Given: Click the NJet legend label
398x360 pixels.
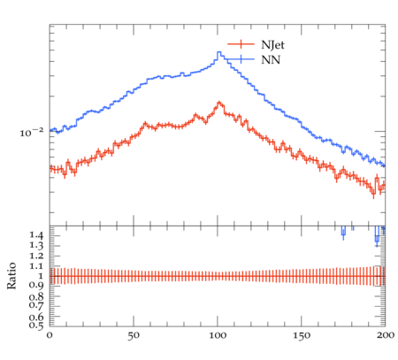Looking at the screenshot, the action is pyautogui.click(x=272, y=45).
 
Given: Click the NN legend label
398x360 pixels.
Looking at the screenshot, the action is pyautogui.click(x=271, y=60).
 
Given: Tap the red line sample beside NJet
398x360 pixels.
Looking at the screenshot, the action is pyautogui.click(x=241, y=44).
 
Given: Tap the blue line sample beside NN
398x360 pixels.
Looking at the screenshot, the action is pyautogui.click(x=241, y=59).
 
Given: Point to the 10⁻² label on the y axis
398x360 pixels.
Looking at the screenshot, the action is pyautogui.click(x=32, y=133).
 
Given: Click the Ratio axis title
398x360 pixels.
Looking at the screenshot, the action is pyautogui.click(x=11, y=276).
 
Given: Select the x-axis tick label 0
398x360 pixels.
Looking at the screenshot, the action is pyautogui.click(x=50, y=335).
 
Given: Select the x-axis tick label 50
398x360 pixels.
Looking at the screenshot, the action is pyautogui.click(x=134, y=335).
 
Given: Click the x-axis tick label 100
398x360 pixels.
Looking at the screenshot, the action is pyautogui.click(x=218, y=335).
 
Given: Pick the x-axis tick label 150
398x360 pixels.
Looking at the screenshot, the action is pyautogui.click(x=302, y=335).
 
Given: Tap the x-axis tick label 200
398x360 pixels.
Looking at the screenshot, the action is pyautogui.click(x=386, y=335).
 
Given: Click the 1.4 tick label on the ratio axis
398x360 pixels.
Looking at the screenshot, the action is pyautogui.click(x=36, y=235).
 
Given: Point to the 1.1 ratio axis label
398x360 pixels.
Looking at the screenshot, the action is pyautogui.click(x=36, y=266).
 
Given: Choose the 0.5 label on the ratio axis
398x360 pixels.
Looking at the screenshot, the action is pyautogui.click(x=36, y=326).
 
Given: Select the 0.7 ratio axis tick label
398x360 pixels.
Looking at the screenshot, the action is pyautogui.click(x=36, y=304).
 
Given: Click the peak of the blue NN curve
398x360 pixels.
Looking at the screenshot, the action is pyautogui.click(x=218, y=52).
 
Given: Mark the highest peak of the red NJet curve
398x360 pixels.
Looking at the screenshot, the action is pyautogui.click(x=218, y=103).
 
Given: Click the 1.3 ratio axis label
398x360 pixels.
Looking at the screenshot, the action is pyautogui.click(x=36, y=245).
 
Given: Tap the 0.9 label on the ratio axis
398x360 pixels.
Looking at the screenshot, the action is pyautogui.click(x=36, y=286).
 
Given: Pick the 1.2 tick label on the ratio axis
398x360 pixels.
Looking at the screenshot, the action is pyautogui.click(x=36, y=256).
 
